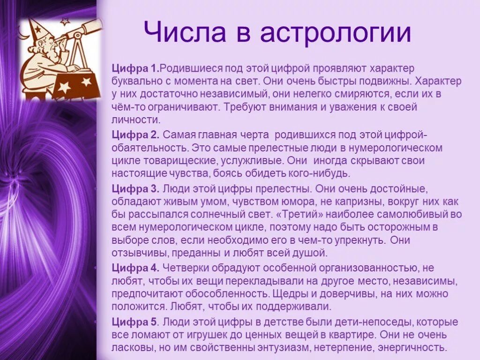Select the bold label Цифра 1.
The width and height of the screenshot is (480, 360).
point(135,69)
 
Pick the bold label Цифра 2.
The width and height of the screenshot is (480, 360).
point(136,135)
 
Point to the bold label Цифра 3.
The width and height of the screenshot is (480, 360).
point(136,189)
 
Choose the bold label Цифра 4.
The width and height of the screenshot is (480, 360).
point(136,268)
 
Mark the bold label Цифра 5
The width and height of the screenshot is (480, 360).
point(135,322)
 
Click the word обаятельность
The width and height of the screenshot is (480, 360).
point(149,148)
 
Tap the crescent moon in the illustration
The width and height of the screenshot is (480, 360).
point(21,33)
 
